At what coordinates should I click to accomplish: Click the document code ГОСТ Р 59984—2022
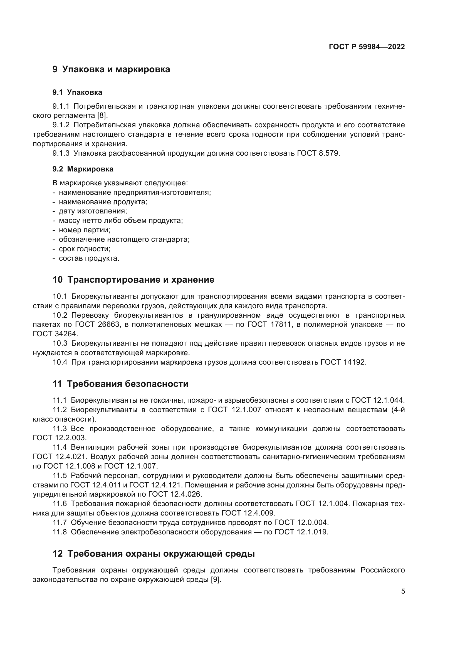click(367, 47)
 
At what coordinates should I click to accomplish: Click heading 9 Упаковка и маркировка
click(111, 69)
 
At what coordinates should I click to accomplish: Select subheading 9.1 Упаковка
click(77, 92)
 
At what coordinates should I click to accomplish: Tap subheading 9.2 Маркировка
click(83, 169)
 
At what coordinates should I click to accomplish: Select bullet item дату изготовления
click(93, 211)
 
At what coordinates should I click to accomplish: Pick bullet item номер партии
click(85, 230)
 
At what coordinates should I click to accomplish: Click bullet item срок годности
click(85, 249)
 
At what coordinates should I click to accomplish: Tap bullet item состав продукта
click(89, 258)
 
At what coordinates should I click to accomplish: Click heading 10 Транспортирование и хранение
click(133, 280)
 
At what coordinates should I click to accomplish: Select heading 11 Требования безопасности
click(120, 384)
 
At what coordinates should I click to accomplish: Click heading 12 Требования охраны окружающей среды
click(154, 554)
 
